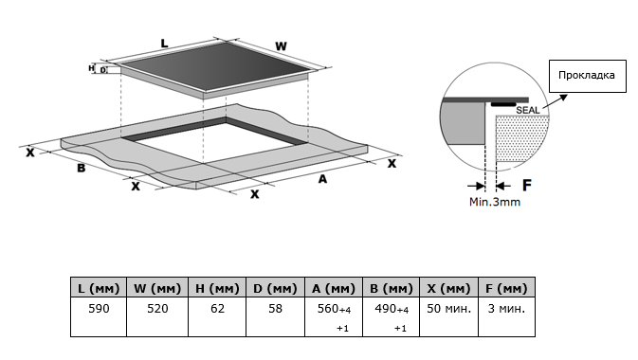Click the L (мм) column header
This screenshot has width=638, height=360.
coord(99,288)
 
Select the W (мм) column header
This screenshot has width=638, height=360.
coord(157,288)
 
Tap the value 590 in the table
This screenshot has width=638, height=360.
coord(99,309)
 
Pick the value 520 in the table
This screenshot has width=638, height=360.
coord(157,309)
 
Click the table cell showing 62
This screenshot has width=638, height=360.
coord(217,309)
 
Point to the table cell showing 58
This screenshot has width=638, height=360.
coord(275,309)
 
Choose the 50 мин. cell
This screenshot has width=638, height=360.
coord(448,309)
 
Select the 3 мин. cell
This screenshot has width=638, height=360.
coord(506,309)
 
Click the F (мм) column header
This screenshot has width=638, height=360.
coord(506,288)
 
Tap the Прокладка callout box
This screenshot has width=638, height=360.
coord(588,76)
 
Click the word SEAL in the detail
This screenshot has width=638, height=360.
coord(528,110)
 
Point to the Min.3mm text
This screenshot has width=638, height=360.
coord(495,202)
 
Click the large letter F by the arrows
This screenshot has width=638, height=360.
coord(527,185)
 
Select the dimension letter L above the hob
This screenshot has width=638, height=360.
coord(164,44)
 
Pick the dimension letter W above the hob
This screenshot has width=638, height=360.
coord(281,46)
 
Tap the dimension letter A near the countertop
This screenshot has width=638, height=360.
coord(322,179)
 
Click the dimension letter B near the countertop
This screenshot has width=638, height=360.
coord(82,168)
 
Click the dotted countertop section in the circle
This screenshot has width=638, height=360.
coord(521,138)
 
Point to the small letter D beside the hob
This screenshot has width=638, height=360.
coord(103,70)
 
